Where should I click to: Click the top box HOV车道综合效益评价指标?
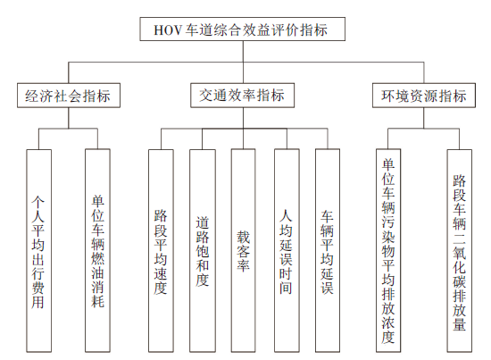(x=242, y=29)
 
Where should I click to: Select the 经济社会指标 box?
(x=69, y=96)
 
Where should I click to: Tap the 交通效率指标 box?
(x=242, y=96)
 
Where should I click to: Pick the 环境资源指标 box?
(x=424, y=96)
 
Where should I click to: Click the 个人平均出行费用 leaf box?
(x=38, y=251)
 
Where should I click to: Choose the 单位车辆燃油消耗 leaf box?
(x=97, y=251)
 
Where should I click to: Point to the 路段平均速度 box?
(x=161, y=251)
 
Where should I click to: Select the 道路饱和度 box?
(x=203, y=251)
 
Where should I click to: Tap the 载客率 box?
(x=244, y=251)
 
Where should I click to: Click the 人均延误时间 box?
(x=287, y=251)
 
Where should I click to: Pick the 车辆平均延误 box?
(x=328, y=251)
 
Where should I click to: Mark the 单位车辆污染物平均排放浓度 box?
(x=388, y=251)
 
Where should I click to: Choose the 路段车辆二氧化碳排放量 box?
(x=460, y=251)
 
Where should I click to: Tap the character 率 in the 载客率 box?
(x=244, y=265)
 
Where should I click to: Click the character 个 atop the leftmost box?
(x=38, y=203)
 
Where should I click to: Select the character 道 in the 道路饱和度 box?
(x=203, y=222)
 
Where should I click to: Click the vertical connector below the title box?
(x=243, y=62)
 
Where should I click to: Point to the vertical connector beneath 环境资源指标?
(x=424, y=118)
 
